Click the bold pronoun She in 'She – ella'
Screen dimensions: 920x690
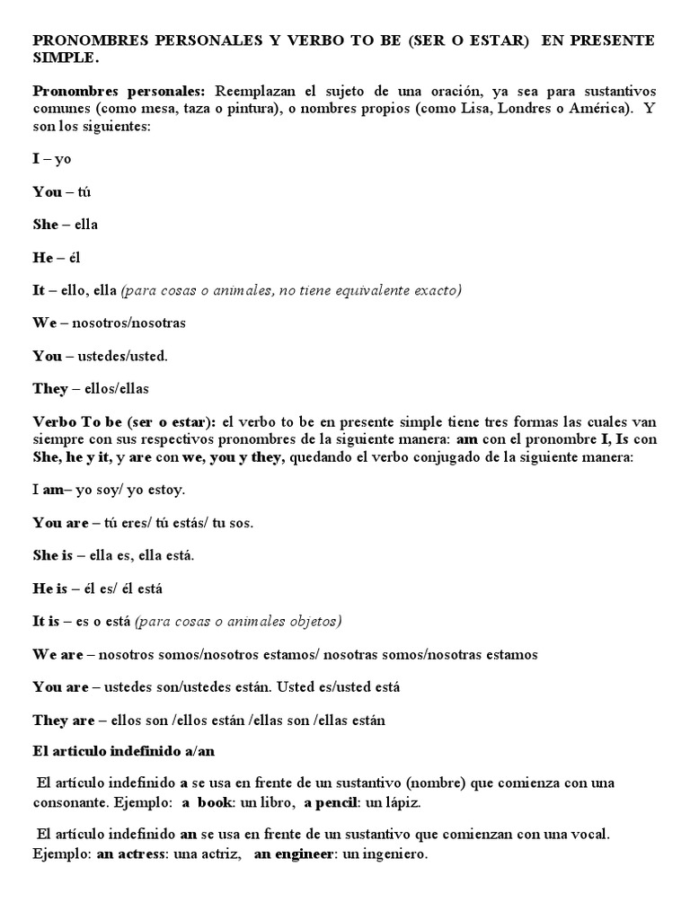click(x=46, y=225)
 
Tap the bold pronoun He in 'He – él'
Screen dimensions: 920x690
click(x=44, y=257)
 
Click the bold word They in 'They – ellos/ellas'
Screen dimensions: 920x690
click(x=50, y=388)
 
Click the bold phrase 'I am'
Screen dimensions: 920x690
click(x=44, y=491)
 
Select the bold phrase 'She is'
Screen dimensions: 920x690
click(x=53, y=556)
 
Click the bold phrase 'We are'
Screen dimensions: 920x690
click(x=58, y=655)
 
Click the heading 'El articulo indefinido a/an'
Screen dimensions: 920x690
click(x=124, y=750)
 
